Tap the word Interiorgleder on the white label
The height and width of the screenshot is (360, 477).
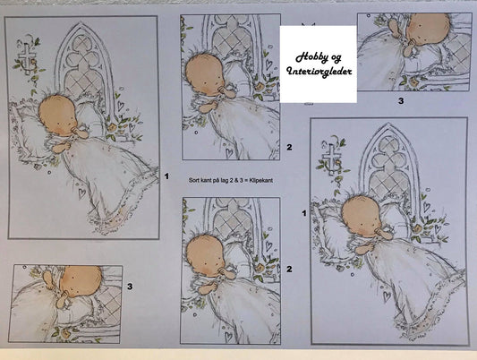click(319, 72)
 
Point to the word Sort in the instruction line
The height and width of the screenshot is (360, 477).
click(193, 180)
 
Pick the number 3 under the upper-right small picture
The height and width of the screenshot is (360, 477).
click(401, 101)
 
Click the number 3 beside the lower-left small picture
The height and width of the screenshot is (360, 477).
click(130, 287)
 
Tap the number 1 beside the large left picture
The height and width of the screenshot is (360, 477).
click(166, 176)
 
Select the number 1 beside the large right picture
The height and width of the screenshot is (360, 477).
click(304, 213)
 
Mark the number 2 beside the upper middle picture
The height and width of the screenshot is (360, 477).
click(289, 147)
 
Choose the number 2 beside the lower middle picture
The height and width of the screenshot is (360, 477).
click(289, 269)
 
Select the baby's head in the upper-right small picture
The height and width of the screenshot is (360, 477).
click(429, 29)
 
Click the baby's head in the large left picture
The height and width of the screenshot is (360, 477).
click(58, 115)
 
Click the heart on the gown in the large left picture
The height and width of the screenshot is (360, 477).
click(81, 193)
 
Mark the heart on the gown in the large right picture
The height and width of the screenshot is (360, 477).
click(387, 296)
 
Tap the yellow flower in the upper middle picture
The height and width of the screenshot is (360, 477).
click(260, 88)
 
